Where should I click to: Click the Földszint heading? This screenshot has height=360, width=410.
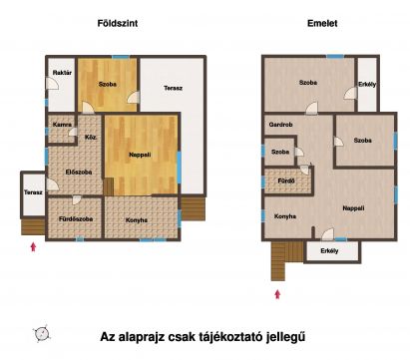118,23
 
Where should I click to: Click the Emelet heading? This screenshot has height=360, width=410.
322,23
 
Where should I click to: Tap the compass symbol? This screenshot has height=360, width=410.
42,333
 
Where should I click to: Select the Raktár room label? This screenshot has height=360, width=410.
62,73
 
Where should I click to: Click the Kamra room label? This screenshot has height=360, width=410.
62,125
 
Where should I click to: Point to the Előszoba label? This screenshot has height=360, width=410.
79,173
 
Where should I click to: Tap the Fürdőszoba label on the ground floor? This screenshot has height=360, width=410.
76,219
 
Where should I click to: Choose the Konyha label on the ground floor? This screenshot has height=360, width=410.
137,220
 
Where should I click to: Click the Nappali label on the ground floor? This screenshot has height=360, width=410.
140,155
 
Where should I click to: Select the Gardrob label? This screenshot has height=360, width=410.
280,125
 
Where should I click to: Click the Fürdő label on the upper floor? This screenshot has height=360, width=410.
286,181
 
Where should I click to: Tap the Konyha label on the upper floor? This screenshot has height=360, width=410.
285,216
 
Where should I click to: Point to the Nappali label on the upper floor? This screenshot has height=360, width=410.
353,208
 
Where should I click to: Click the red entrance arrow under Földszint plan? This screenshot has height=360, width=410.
33,246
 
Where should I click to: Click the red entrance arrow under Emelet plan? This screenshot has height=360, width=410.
277,294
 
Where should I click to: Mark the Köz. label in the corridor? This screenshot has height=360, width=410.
91,137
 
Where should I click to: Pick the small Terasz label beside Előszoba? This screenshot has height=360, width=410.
33,192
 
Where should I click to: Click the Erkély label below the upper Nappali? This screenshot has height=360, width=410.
329,251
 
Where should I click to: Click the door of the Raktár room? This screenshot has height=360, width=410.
52,84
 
